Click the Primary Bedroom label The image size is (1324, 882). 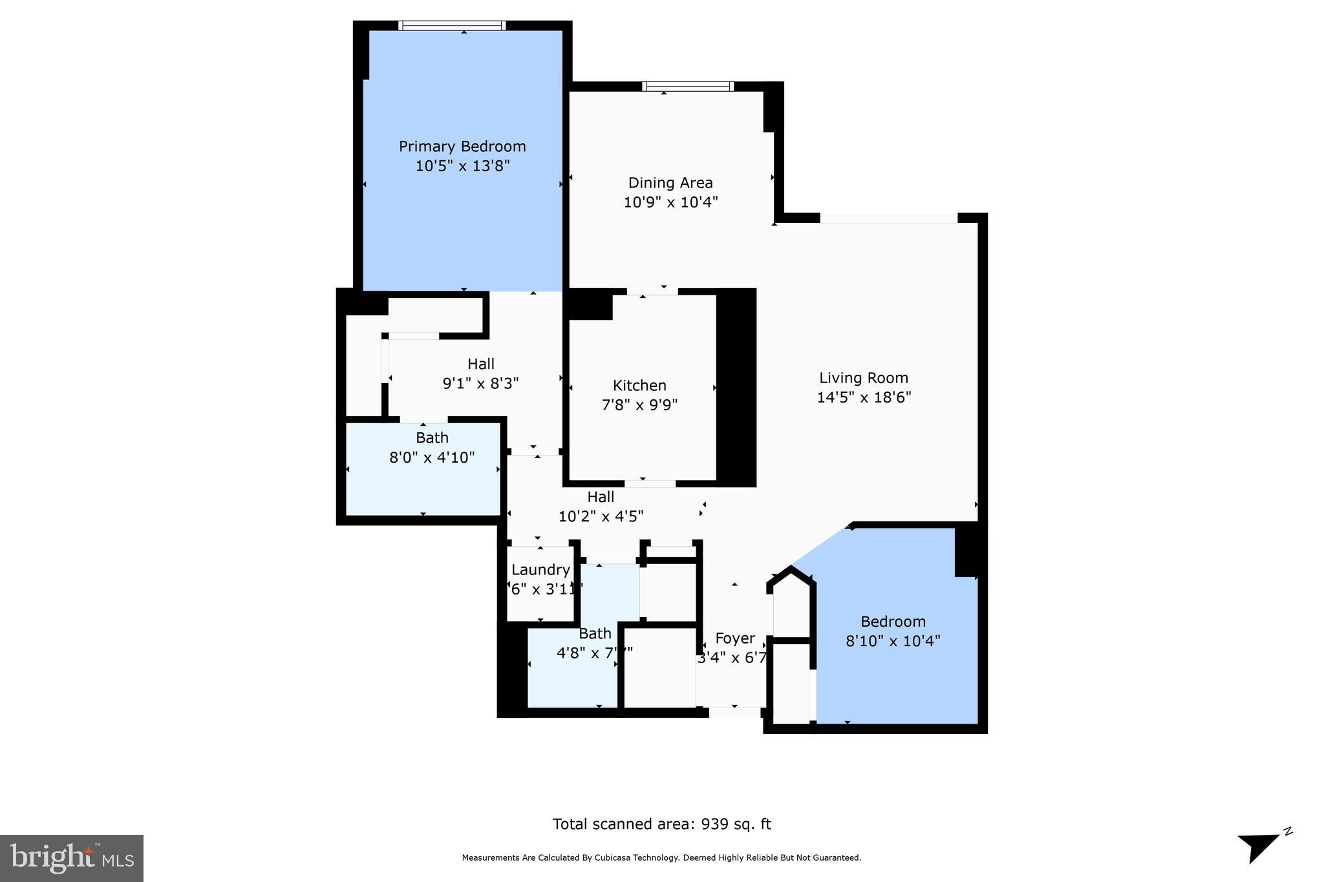pos(462,147)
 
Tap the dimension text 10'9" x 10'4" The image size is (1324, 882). pos(670,202)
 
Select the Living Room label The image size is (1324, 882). pos(864,378)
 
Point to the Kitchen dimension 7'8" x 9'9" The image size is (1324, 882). pos(639,405)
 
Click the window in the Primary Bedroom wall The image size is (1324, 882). pos(452,26)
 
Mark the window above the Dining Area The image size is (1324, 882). pos(688,87)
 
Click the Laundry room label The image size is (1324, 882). pos(540,570)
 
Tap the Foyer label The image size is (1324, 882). pos(735,638)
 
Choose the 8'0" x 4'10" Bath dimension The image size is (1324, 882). pos(432,457)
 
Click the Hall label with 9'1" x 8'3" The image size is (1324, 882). pos(481,364)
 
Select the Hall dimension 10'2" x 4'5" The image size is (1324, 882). pos(601,516)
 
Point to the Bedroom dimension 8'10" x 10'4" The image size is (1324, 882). pos(893,641)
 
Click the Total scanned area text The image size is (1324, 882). pos(661,824)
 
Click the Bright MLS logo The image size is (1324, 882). pos(72,858)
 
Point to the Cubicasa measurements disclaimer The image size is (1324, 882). pos(661,858)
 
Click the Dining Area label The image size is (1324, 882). pos(670,183)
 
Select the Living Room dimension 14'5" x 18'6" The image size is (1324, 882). pos(864,397)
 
